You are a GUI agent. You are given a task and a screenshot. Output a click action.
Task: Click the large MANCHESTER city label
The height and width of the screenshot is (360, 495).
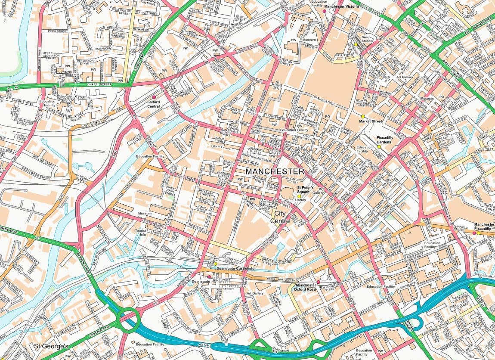[275, 171]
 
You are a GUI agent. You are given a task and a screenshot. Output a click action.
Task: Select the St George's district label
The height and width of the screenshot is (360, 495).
[51, 346]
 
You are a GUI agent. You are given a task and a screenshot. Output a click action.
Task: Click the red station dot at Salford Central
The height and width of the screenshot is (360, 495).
[154, 97]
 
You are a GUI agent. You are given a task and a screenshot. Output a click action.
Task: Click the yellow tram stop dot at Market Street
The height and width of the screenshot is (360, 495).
[362, 116]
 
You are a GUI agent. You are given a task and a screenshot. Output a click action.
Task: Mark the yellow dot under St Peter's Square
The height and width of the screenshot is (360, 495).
[299, 196]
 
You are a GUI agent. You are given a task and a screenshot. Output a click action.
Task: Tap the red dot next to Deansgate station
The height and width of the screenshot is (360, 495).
[209, 276]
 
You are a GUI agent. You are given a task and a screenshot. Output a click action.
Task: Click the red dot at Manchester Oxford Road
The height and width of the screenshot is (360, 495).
[318, 282]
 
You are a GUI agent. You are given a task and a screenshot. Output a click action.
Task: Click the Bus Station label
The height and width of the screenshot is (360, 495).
[367, 39]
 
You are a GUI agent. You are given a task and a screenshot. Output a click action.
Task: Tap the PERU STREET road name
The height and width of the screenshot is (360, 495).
[58, 31]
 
